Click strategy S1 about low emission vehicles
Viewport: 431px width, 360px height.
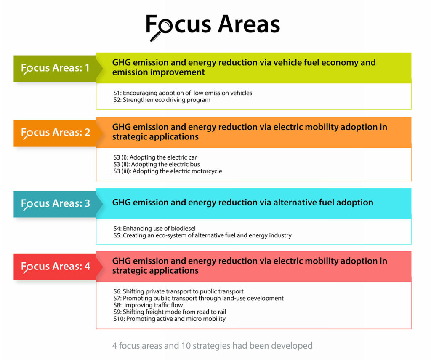pos(183,93)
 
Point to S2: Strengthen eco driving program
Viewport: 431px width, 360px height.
pos(162,100)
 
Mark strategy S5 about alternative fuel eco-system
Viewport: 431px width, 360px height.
pos(202,235)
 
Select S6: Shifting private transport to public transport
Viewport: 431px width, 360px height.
pos(178,291)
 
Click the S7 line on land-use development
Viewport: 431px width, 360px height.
pos(198,298)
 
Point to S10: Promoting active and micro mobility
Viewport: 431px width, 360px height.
pos(169,319)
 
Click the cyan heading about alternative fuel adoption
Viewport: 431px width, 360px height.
pos(242,203)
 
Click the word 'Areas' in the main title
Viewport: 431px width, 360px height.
pos(249,25)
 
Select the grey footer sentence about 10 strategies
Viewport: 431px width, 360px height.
pos(212,346)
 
